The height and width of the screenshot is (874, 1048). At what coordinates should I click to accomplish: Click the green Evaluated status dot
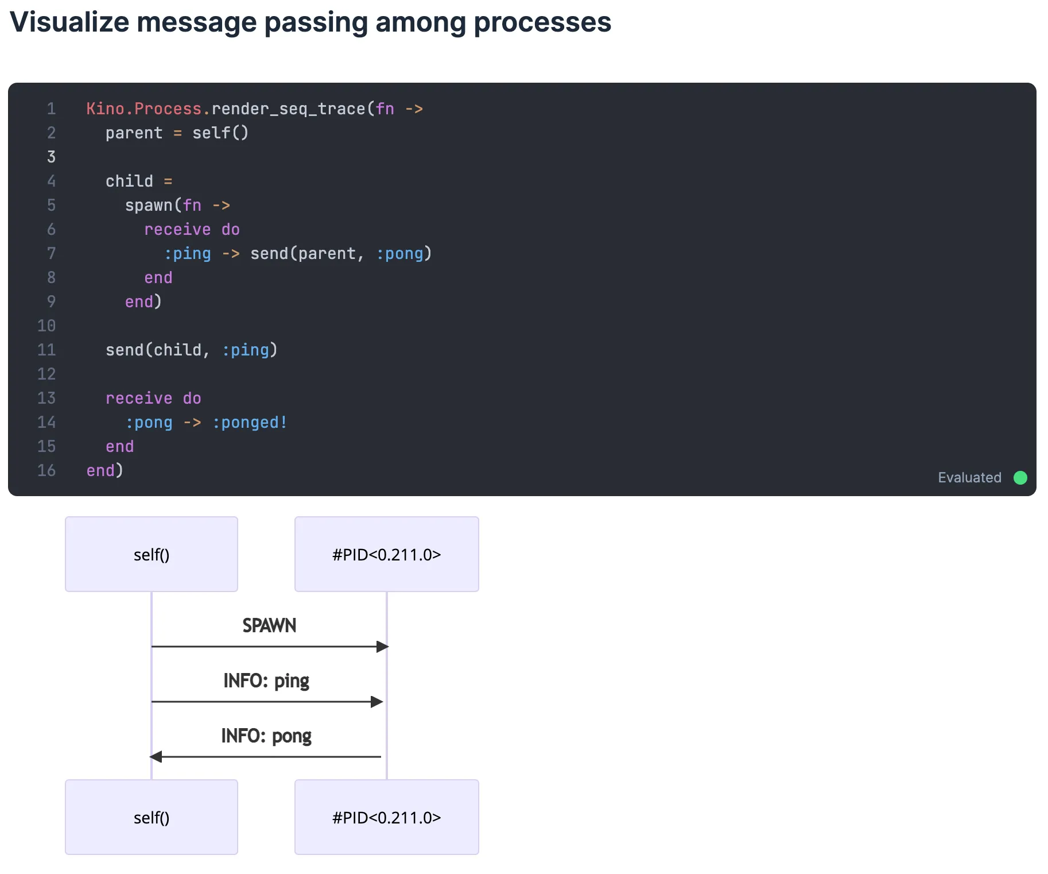1020,478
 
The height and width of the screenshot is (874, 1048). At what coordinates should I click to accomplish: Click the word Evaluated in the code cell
969,478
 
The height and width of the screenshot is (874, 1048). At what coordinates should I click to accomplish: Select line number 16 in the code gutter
46,471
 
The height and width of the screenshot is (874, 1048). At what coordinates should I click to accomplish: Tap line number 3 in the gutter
51,157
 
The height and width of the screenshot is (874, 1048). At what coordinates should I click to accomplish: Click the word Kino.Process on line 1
143,109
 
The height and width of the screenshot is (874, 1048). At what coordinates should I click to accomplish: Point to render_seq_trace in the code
289,109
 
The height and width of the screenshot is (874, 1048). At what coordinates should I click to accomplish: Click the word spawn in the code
149,206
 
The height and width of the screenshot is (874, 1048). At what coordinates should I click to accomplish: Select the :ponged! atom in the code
250,423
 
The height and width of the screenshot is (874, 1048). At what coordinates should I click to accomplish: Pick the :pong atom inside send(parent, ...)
399,254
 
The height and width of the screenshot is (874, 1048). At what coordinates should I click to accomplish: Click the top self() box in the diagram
152,554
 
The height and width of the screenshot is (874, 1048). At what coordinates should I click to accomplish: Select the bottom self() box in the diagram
152,817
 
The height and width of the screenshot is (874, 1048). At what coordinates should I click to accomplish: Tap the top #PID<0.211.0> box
387,554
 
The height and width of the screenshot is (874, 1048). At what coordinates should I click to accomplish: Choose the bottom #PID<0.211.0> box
387,817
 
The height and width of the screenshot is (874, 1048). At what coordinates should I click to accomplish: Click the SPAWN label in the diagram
269,625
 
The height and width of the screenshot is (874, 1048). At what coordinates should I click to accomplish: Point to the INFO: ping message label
266,681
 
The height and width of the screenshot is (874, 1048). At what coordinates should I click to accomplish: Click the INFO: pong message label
266,736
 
